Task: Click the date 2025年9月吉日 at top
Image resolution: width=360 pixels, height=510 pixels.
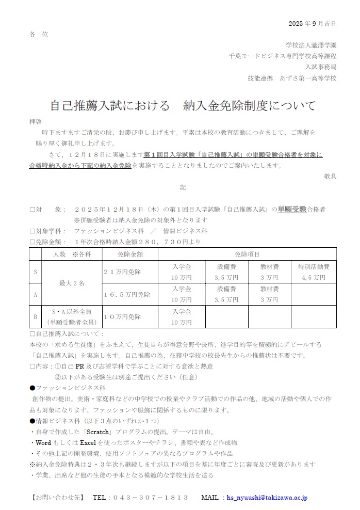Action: (312, 23)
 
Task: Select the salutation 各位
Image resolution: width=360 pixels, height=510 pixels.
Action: (39, 34)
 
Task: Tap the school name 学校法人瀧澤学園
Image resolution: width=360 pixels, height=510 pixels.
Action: (311, 45)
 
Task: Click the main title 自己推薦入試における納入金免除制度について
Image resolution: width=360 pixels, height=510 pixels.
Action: (183, 106)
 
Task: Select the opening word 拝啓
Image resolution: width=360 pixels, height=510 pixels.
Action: (36, 122)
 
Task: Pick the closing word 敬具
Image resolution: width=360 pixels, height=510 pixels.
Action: (330, 176)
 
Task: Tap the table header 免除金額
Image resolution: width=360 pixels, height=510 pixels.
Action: (130, 254)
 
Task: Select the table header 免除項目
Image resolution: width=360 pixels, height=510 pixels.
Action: (247, 254)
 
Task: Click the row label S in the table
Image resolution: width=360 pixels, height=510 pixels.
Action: (35, 272)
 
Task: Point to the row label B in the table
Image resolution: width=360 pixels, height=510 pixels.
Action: (35, 316)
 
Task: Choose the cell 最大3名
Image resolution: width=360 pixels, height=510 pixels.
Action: (72, 283)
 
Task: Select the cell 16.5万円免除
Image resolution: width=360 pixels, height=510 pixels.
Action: (127, 294)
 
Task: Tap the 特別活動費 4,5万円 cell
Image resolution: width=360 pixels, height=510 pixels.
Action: (314, 272)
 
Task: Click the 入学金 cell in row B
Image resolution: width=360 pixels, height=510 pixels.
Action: (182, 316)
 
